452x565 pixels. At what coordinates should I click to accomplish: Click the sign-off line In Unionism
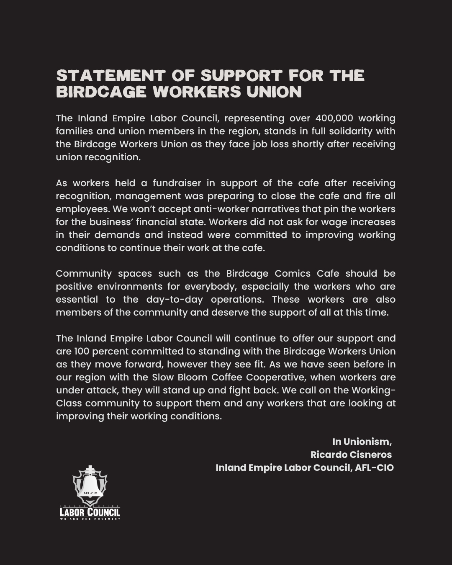362,442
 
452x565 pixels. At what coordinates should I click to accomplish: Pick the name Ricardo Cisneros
351,455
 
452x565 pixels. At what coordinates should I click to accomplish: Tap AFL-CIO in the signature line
374,468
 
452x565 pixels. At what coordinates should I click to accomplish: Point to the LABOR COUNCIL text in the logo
90,512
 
